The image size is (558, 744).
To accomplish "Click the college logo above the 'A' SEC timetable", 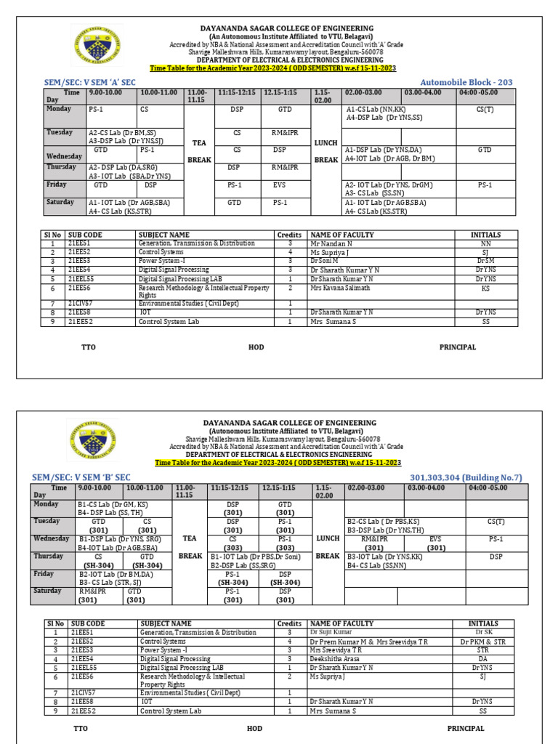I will [x=97, y=46].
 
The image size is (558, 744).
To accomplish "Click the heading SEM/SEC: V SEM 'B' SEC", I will [x=81, y=477].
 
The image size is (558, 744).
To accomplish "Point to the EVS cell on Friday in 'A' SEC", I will [x=279, y=185].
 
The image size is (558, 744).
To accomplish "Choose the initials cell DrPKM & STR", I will [x=483, y=642].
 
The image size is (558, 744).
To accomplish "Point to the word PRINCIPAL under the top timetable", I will [x=458, y=347].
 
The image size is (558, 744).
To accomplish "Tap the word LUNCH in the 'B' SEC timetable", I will [x=328, y=538].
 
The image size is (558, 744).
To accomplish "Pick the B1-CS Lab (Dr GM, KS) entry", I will [x=113, y=504].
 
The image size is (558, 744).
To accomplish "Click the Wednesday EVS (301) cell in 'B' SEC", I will [x=435, y=543].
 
